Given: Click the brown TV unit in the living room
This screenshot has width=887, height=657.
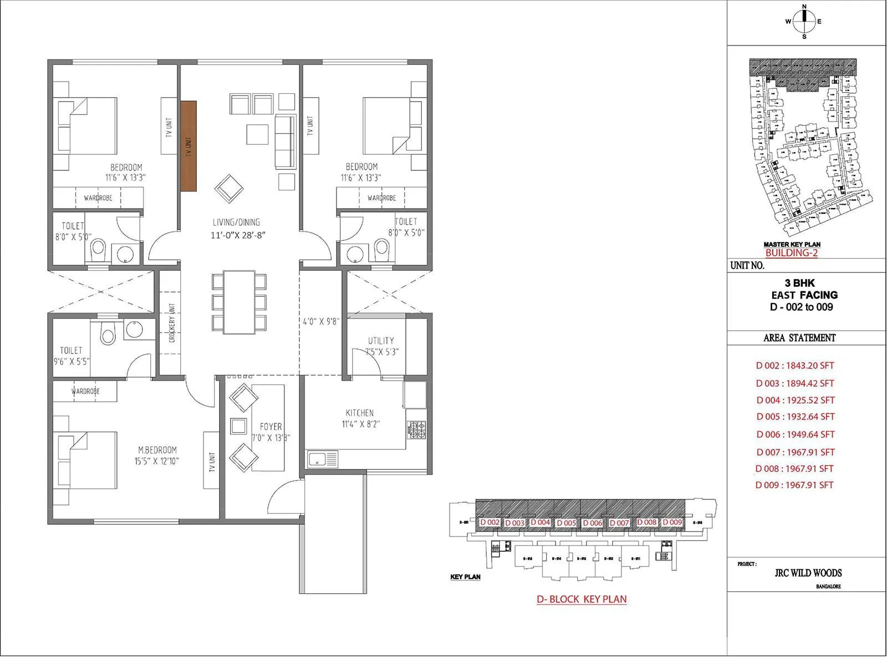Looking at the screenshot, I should click(x=188, y=146).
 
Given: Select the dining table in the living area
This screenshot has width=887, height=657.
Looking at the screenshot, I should click(x=239, y=302).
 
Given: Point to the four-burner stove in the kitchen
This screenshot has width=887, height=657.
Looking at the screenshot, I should click(x=417, y=428).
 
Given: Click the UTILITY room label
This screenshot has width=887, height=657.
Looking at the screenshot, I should click(x=381, y=341).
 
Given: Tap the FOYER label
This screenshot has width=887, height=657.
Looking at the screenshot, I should click(x=271, y=427).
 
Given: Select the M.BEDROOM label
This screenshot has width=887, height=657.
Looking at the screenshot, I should click(x=157, y=450).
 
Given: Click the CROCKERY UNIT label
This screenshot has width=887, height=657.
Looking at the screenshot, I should click(x=172, y=322).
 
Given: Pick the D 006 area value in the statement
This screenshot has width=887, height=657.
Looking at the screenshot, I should click(x=795, y=434).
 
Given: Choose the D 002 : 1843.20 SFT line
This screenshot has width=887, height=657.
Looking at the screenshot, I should click(x=795, y=366).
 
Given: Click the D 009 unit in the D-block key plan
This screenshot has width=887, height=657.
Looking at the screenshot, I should click(x=672, y=522).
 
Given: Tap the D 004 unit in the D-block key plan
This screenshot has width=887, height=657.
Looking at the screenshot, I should click(x=540, y=522).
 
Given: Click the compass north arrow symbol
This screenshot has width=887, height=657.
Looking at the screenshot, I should click(x=804, y=22).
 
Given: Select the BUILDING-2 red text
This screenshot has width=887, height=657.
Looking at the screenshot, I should click(x=791, y=253).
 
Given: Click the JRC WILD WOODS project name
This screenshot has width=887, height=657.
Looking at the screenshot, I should click(x=808, y=573).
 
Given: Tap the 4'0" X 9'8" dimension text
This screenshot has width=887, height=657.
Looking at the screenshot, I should click(x=321, y=321).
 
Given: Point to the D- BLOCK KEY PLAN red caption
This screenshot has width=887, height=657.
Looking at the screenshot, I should click(x=582, y=599).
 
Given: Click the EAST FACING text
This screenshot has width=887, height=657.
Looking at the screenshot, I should click(x=804, y=295).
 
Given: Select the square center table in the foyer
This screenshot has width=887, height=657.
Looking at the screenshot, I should click(x=239, y=426).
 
